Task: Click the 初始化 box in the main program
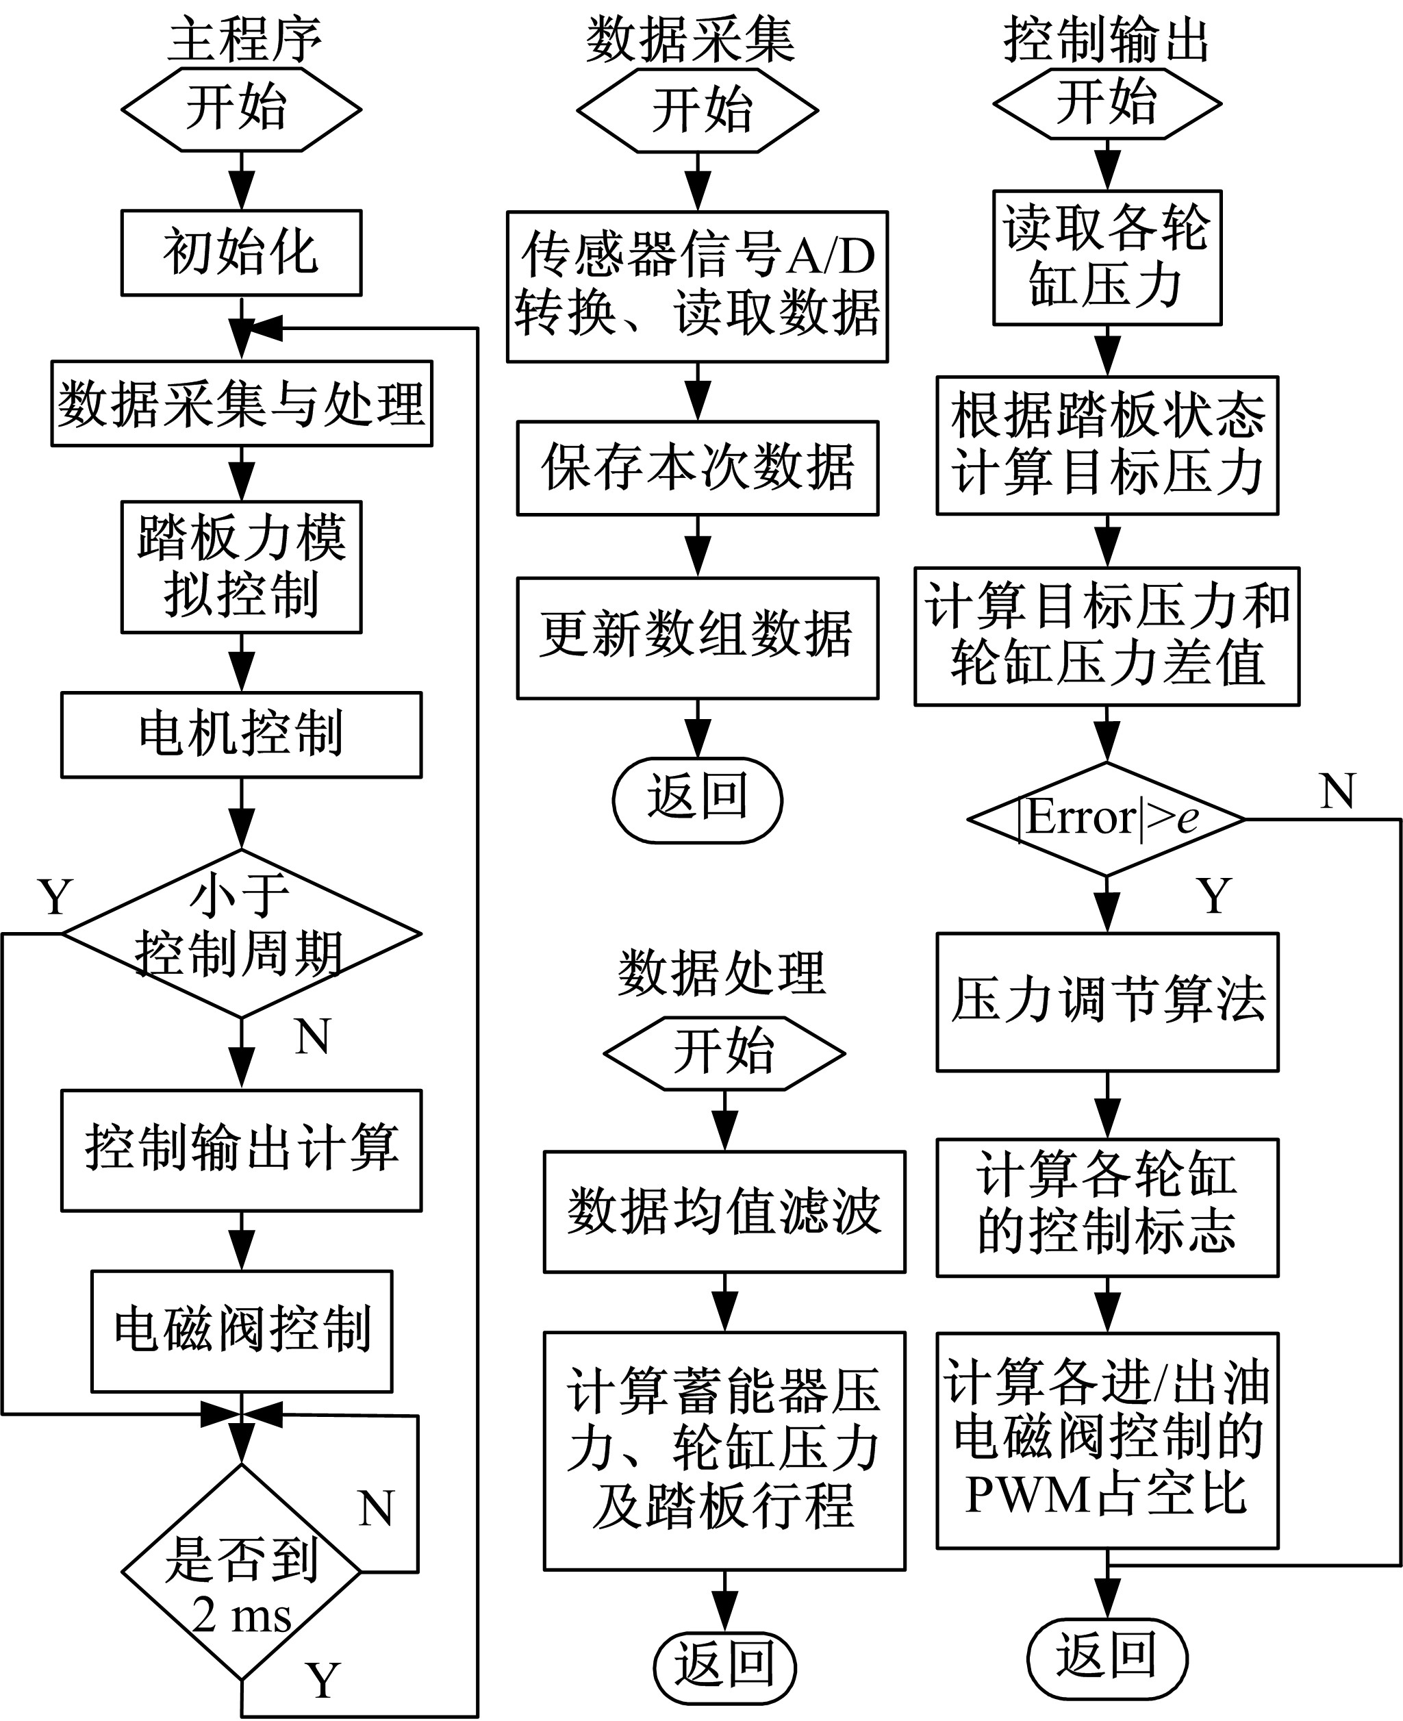[241, 252]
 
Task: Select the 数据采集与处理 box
[241, 403]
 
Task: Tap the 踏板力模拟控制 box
[241, 566]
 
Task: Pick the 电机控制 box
[241, 734]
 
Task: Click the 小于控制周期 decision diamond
[241, 933]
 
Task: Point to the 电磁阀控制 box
[241, 1331]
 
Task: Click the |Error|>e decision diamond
[1107, 819]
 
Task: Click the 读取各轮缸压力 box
[1107, 257]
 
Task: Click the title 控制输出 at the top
[1107, 39]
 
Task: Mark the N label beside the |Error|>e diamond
[1337, 792]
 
